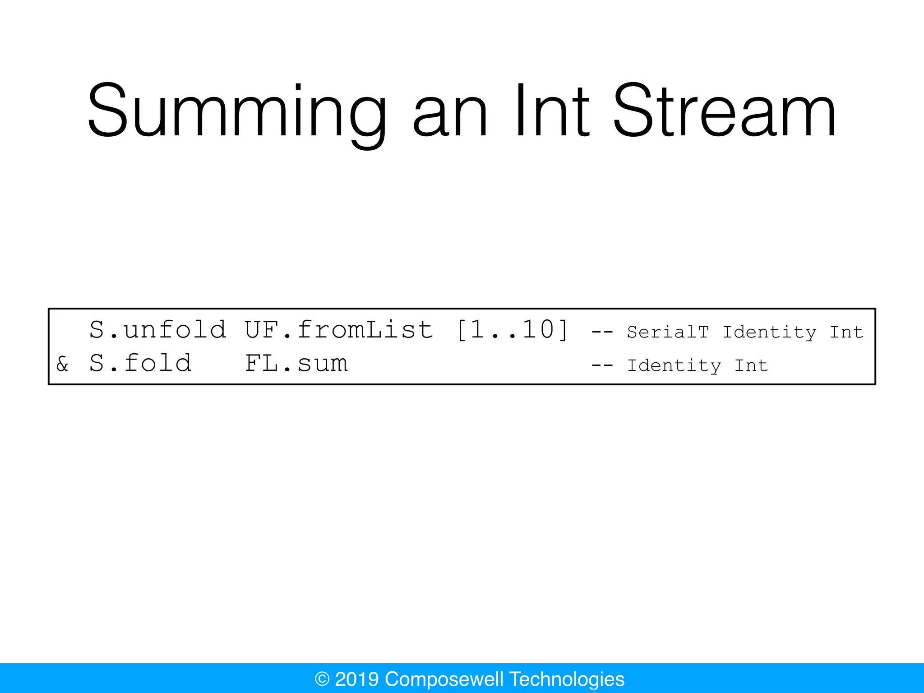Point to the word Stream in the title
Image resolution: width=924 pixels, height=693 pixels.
pyautogui.click(x=725, y=111)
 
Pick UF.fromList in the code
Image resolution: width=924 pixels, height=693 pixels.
pyautogui.click(x=339, y=329)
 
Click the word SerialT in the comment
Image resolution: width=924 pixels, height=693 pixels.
pyautogui.click(x=668, y=332)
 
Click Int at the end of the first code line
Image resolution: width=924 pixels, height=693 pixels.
pyautogui.click(x=846, y=332)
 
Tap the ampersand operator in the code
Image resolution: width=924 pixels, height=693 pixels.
pyautogui.click(x=62, y=364)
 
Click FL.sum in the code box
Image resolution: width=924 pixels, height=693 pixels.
pyautogui.click(x=296, y=363)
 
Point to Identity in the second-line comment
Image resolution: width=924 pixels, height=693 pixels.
pyautogui.click(x=674, y=366)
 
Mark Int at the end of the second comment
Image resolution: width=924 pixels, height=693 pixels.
pyautogui.click(x=751, y=365)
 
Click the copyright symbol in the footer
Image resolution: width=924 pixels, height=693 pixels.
pyautogui.click(x=322, y=679)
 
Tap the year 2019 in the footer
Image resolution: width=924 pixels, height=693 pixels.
pyautogui.click(x=357, y=679)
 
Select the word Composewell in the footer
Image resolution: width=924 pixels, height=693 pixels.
pyautogui.click(x=444, y=679)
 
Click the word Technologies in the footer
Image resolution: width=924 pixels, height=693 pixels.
pyautogui.click(x=567, y=679)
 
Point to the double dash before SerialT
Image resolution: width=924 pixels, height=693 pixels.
pyautogui.click(x=602, y=333)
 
